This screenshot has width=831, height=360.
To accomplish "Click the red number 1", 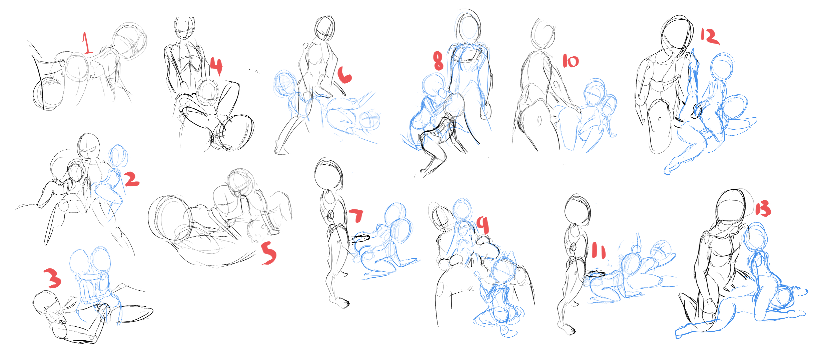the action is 87,43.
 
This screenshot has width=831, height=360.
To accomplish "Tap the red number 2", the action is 132,179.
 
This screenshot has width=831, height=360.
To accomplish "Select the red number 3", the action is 53,278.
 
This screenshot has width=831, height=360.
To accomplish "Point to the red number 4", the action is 216,66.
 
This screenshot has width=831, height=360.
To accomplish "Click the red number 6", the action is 344,75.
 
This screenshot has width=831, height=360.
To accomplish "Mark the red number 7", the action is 356,215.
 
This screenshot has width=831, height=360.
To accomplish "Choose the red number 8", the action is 438,61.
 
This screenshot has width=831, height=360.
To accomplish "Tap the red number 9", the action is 483,225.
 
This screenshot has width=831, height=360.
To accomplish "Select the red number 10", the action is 571,61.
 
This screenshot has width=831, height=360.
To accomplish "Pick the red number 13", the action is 763,209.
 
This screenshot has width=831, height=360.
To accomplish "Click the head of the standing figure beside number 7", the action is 329,175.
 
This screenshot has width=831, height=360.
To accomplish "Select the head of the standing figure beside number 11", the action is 578,210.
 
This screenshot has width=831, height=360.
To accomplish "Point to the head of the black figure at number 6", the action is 324,28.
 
